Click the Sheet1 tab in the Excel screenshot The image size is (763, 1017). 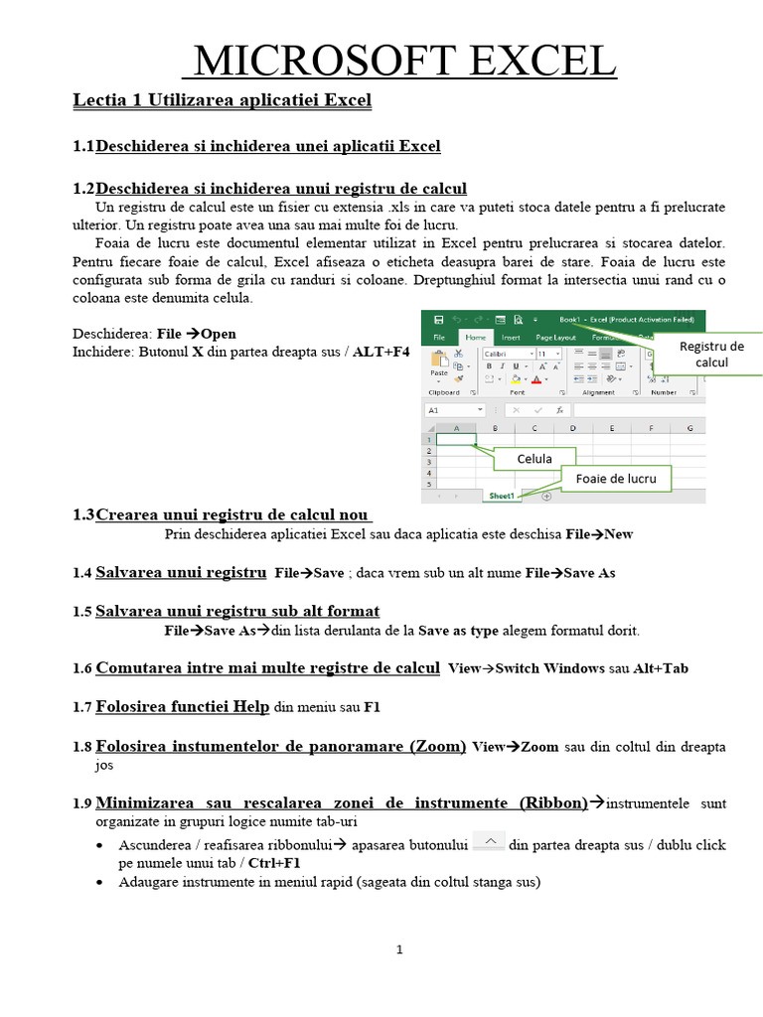(x=501, y=495)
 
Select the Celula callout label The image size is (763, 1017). (x=534, y=459)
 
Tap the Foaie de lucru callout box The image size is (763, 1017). (x=615, y=479)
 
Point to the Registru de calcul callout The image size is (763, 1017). (x=710, y=355)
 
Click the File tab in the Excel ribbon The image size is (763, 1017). (x=438, y=338)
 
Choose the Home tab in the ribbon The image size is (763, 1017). (x=477, y=338)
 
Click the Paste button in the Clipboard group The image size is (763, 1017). (x=439, y=365)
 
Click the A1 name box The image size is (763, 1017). (x=453, y=409)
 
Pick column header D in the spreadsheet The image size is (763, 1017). (x=572, y=428)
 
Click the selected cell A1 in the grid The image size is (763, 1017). (x=456, y=439)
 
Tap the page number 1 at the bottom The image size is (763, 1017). (x=399, y=949)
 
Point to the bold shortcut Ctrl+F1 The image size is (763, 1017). (x=274, y=863)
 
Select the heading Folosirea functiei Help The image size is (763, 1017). (x=182, y=707)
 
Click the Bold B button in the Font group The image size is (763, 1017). (x=489, y=365)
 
